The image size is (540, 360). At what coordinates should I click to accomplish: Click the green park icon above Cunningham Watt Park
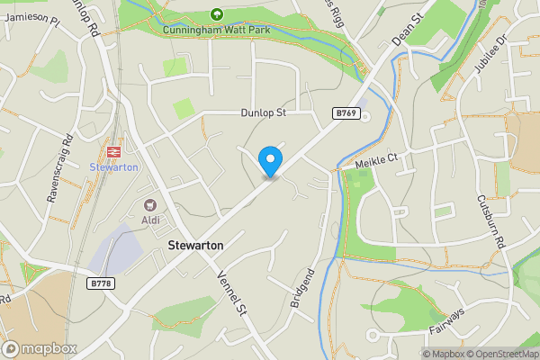point(216,13)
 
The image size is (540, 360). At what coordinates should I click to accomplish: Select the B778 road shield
point(101,283)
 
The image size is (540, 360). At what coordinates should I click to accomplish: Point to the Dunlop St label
point(263,113)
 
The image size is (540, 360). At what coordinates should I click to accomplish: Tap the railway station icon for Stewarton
point(113,152)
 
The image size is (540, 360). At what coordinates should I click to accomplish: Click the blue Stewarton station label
point(113,167)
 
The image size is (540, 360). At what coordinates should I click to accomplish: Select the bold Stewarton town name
point(195,245)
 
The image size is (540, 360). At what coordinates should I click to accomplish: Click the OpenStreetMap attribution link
point(500,354)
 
